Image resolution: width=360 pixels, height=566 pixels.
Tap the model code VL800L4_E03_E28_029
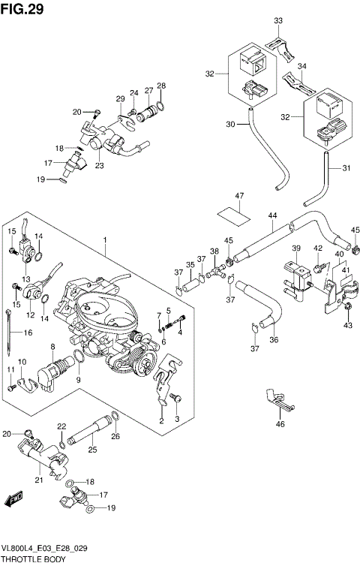point(45,549)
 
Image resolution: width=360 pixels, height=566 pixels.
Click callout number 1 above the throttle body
point(105,241)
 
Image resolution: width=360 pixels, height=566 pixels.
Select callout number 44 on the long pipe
point(273,216)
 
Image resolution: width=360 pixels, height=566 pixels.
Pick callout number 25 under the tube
point(93,450)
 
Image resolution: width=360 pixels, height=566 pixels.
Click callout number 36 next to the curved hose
point(273,339)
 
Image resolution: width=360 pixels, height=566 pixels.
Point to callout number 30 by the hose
point(230,124)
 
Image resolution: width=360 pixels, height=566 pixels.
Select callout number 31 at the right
point(346,168)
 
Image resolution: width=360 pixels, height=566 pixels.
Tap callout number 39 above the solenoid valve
point(296,248)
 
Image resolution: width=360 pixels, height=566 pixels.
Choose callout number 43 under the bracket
point(347,325)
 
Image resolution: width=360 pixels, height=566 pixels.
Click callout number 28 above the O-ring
point(161,86)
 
